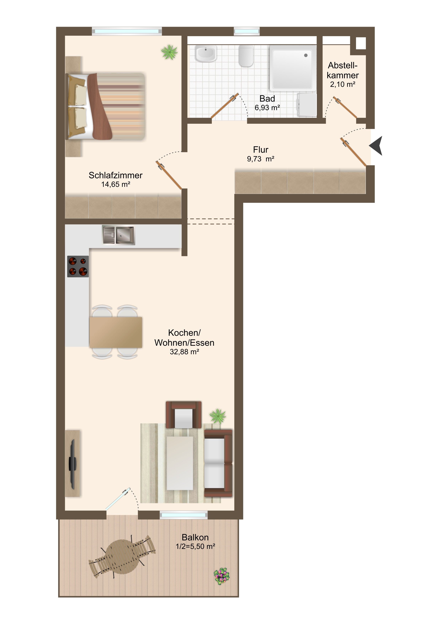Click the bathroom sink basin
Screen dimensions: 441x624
coord(206,54)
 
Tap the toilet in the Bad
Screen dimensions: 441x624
coord(246,56)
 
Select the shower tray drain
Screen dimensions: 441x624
coord(306,56)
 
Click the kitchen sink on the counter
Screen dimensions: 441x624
coord(118,235)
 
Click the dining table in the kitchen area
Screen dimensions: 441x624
coord(116,332)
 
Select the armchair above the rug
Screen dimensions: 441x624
coord(184,414)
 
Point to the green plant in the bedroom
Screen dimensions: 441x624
coord(169,52)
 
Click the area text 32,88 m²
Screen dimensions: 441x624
coord(185,352)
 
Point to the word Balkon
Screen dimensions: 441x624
coord(195,537)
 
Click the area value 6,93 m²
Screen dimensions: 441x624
coord(267,108)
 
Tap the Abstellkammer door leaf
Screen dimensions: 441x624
coord(345,107)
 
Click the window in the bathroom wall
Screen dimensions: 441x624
coord(247,31)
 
